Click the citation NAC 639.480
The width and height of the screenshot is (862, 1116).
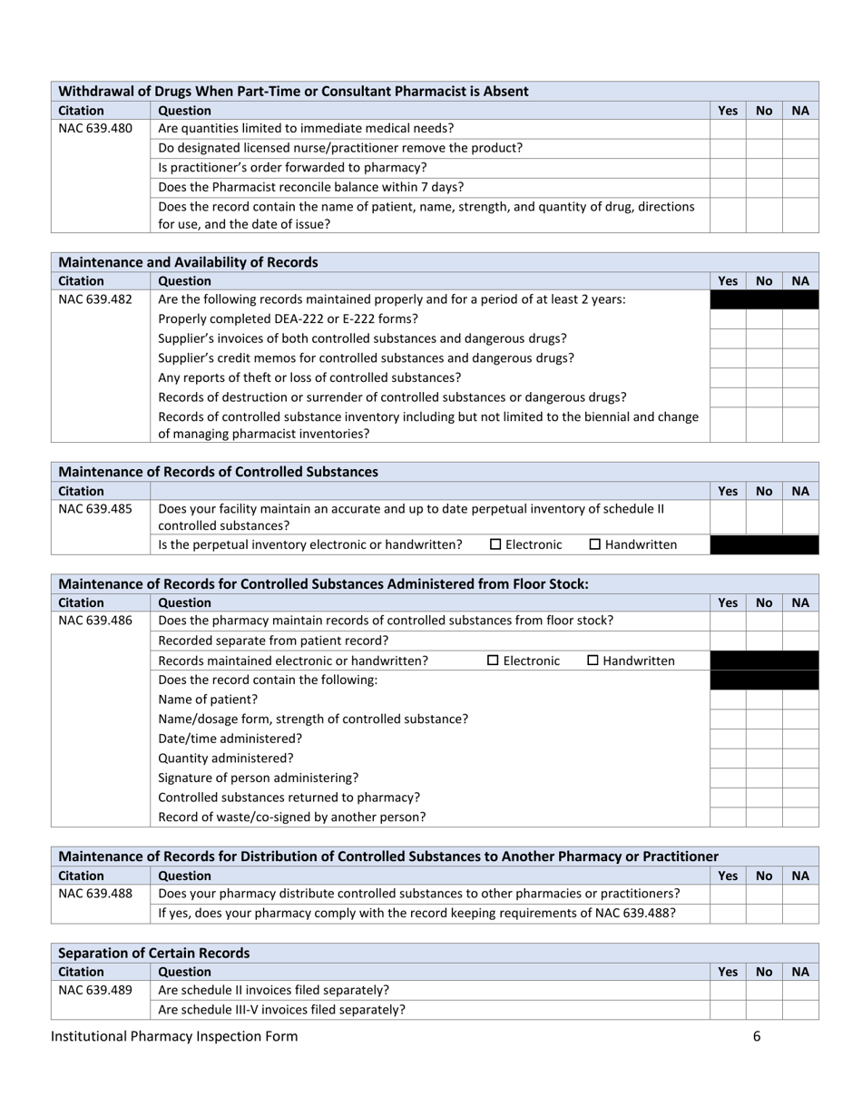[x=94, y=128]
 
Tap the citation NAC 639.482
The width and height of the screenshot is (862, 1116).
[x=94, y=299]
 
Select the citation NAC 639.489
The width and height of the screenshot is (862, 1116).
[x=94, y=989]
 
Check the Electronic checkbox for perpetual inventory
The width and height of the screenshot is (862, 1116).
[x=495, y=544]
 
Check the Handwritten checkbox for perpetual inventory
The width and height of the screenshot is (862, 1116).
[x=595, y=544]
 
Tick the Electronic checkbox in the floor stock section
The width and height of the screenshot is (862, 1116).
[x=494, y=661]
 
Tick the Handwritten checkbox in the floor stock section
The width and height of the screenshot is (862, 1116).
[x=593, y=661]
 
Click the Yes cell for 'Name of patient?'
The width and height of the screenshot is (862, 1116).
[x=727, y=700]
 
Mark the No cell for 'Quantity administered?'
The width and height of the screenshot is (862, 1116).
[x=764, y=759]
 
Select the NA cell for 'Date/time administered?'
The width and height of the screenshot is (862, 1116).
[x=800, y=739]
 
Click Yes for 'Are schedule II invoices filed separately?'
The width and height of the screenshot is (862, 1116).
[x=727, y=989]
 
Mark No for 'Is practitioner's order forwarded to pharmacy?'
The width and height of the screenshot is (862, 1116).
[x=764, y=168]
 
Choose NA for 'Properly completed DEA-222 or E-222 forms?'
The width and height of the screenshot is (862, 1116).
[x=800, y=319]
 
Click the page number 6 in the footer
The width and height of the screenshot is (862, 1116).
[x=756, y=1036]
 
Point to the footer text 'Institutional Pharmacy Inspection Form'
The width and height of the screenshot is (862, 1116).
[x=174, y=1036]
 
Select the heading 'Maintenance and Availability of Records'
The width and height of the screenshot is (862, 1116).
[x=188, y=262]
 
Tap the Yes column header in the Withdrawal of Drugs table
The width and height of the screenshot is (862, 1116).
[x=727, y=111]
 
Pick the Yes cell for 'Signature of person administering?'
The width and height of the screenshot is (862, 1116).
[x=727, y=778]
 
